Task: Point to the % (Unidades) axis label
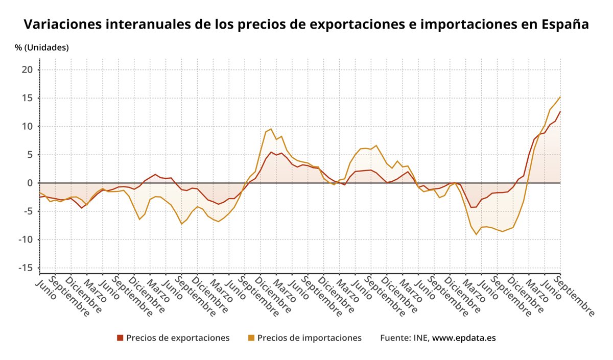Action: [x=41, y=47]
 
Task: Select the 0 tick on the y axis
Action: [x=30, y=183]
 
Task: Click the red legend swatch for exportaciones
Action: [x=120, y=338]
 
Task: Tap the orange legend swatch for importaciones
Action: [x=251, y=338]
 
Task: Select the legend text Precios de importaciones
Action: [x=309, y=338]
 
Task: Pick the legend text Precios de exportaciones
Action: [x=178, y=338]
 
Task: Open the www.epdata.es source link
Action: [x=464, y=338]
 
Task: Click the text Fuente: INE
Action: [x=405, y=338]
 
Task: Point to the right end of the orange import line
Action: [x=560, y=97]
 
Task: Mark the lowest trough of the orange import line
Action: [x=476, y=234]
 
